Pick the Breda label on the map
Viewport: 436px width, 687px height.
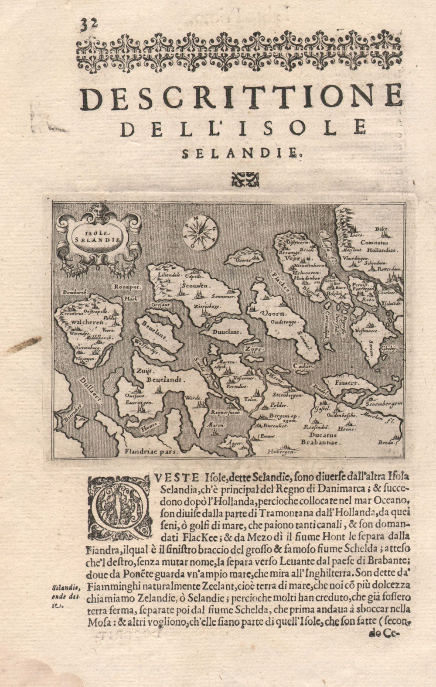pyautogui.click(x=386, y=442)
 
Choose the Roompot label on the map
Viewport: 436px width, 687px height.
pyautogui.click(x=126, y=287)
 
